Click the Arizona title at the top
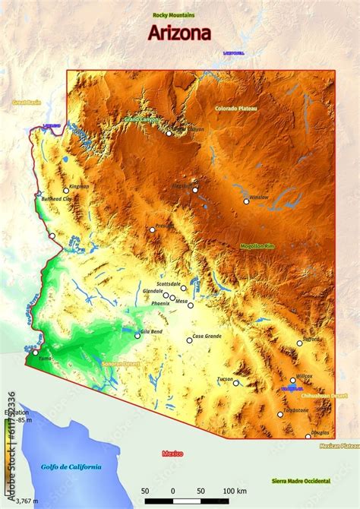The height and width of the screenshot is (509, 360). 179,33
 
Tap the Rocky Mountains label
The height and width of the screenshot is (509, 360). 173,15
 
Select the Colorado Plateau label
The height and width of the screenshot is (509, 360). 236,108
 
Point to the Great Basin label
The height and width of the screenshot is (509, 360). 25,101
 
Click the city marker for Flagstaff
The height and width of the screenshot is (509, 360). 195,190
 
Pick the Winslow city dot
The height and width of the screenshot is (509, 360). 246,201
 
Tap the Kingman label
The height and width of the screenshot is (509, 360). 79,186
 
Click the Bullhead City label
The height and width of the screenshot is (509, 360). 56,198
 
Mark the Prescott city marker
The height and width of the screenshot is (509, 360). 152,229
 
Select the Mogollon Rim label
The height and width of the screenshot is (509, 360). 256,246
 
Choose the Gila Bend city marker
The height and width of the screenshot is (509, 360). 137,336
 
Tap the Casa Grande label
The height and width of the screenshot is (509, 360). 207,336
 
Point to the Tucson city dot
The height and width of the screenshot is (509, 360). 236,383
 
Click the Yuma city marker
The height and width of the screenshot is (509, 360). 35,352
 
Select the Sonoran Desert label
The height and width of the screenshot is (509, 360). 121,364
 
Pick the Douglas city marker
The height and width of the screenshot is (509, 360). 308,436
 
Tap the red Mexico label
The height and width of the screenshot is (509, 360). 172,454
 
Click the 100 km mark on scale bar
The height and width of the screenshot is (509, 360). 231,492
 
